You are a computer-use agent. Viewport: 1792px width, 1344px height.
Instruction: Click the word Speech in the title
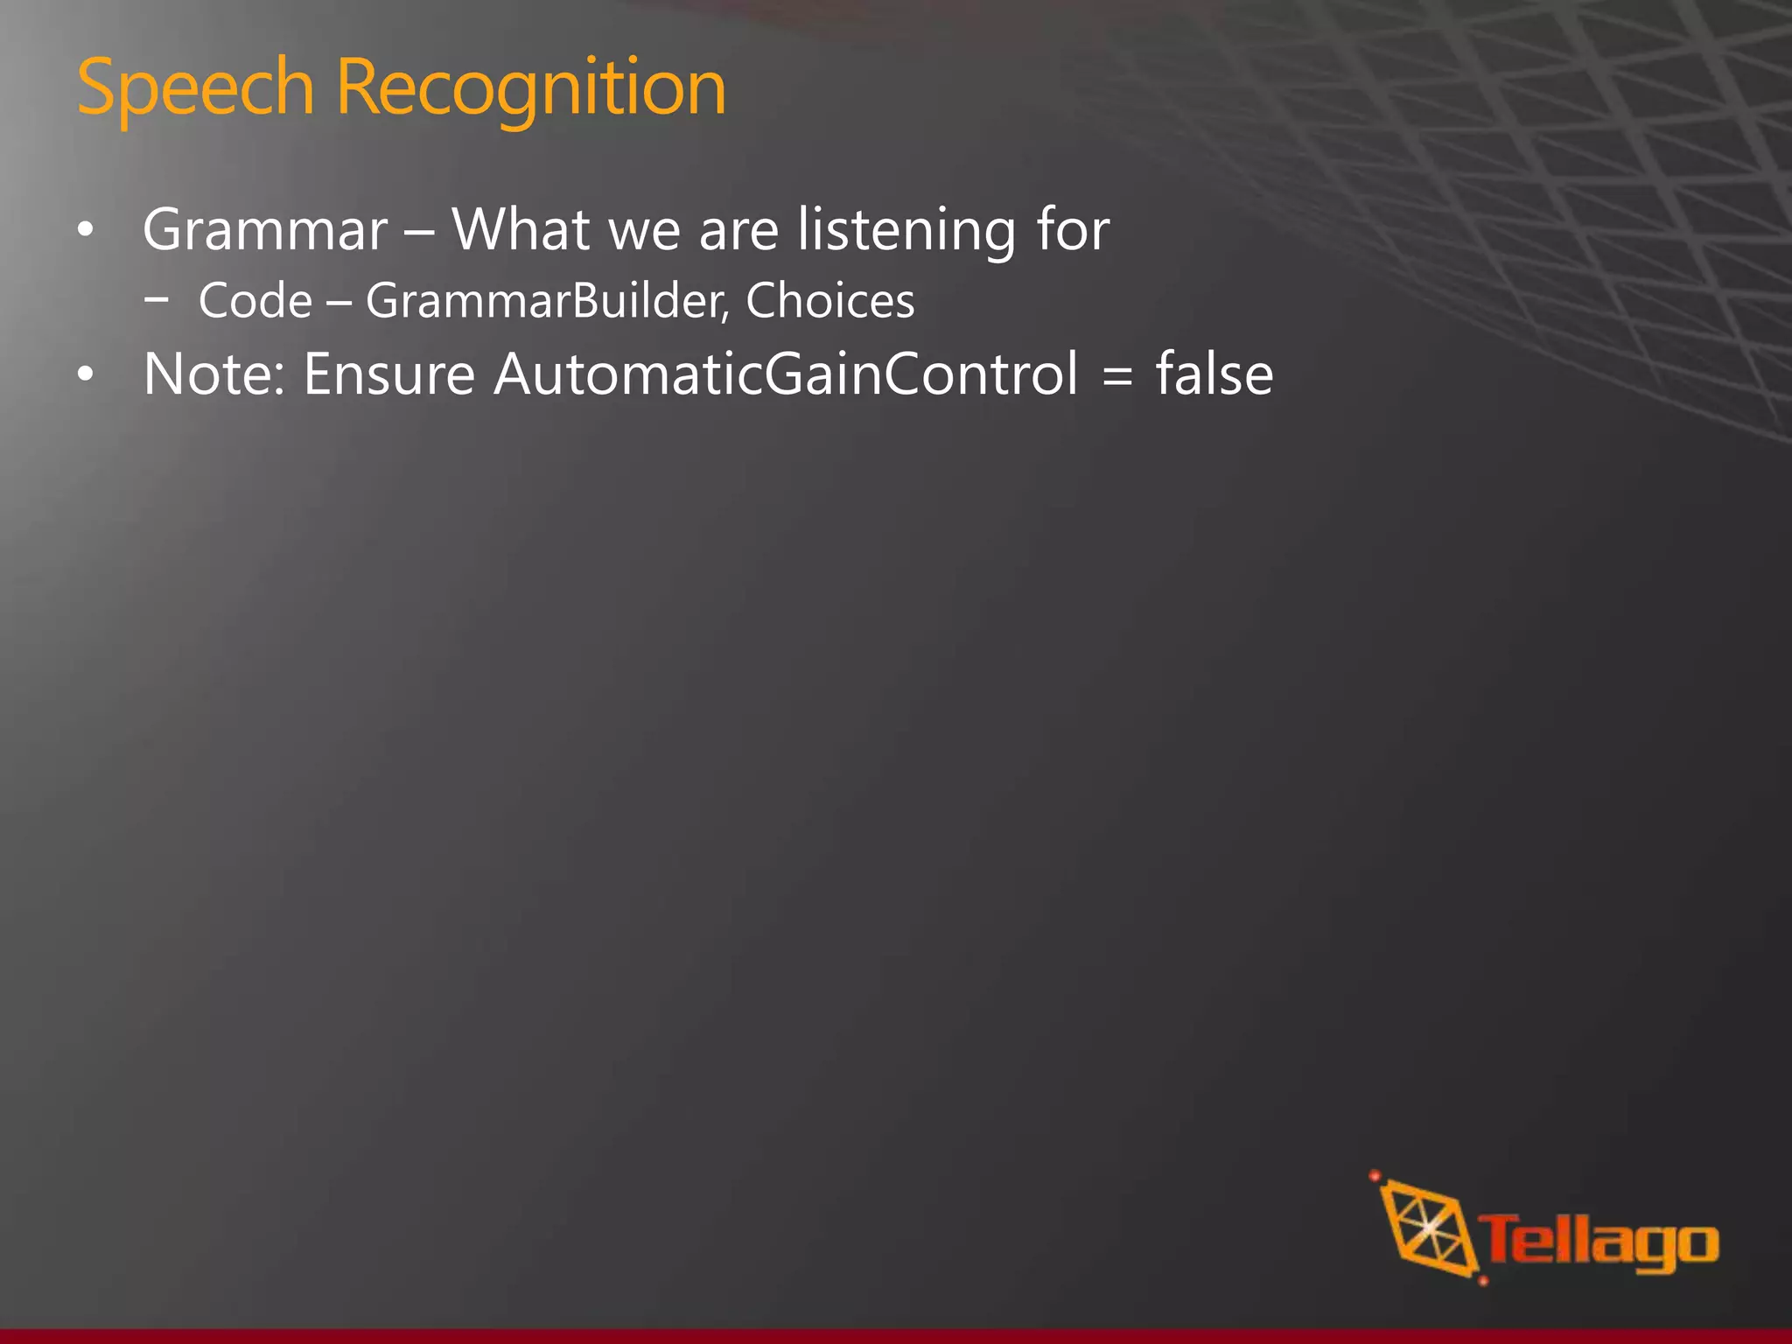pos(194,87)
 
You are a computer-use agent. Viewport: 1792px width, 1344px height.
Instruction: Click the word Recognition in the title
pos(530,87)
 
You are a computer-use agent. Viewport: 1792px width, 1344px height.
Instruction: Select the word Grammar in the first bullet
pos(265,230)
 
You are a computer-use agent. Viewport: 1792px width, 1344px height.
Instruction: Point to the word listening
pos(906,230)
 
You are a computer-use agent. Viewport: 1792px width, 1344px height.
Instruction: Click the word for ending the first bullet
pos(1073,230)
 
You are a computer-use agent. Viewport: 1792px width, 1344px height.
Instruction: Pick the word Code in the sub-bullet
pos(255,302)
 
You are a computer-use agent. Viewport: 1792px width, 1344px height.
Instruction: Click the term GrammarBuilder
pos(546,302)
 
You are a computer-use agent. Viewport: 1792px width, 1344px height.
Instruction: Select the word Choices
pos(829,302)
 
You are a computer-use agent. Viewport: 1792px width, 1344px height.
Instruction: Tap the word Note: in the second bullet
pos(214,374)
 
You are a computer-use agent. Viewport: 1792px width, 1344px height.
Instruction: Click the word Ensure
pos(388,374)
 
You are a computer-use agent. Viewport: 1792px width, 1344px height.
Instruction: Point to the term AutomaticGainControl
pos(786,374)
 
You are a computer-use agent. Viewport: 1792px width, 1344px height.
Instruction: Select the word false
pos(1214,374)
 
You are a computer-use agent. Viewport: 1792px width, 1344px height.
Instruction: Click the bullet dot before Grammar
pos(85,232)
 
